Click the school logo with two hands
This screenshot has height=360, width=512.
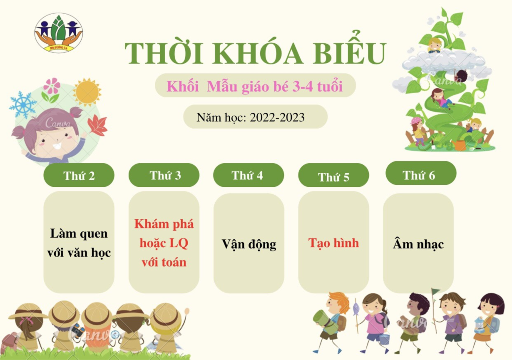coord(59,32)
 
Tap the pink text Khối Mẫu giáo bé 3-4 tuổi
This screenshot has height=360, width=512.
coord(255,86)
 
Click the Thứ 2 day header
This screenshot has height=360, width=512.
coord(79,175)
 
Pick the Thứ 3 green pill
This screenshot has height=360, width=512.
coord(164,175)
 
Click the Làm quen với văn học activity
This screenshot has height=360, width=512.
coord(79,243)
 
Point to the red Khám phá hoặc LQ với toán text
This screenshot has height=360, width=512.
coord(164,243)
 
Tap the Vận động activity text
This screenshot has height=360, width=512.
coord(249,244)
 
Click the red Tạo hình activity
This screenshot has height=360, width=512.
coord(333,243)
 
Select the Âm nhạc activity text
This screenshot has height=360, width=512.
coord(418,244)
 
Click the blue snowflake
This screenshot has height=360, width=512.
coord(22,104)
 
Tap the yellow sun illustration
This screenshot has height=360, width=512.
coord(87,92)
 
